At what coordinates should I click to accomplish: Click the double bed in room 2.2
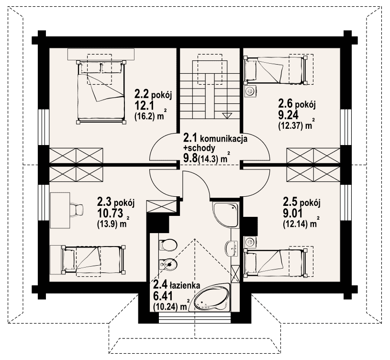coord(101,92)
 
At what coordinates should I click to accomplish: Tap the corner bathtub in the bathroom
coord(212,297)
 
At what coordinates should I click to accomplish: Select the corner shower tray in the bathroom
coord(226,214)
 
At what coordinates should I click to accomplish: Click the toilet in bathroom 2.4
coord(167,245)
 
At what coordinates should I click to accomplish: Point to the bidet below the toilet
coord(167,264)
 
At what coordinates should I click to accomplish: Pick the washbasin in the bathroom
coord(232,248)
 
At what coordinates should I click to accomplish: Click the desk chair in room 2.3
coord(77,209)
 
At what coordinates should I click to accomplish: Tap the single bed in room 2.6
coord(276,70)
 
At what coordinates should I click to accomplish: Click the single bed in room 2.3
coord(92,259)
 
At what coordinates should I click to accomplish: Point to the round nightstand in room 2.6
coord(250,91)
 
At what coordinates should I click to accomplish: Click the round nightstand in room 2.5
coord(250,241)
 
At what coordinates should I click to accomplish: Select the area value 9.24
coord(288,115)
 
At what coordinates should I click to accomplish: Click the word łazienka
coord(185,286)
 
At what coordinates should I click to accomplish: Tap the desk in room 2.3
coord(60,210)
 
